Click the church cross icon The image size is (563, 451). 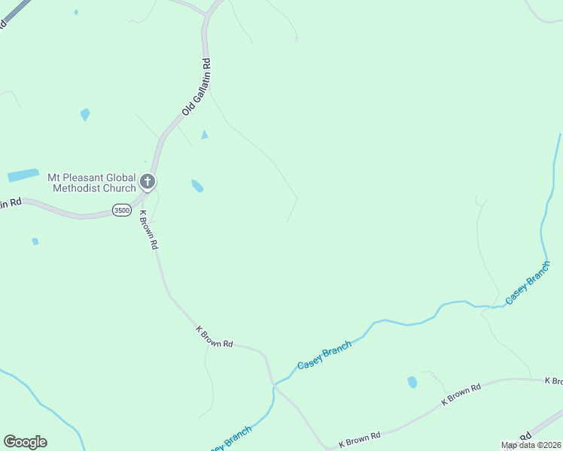coord(148,181)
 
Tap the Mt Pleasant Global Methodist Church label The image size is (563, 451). coord(92,183)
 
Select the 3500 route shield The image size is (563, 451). coord(121,210)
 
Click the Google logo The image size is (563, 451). coord(25,442)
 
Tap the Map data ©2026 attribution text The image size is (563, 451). coord(530,445)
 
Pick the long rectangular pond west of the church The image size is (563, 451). coord(23,175)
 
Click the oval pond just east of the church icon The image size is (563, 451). coord(197,186)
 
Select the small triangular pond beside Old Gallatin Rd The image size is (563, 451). coord(204,135)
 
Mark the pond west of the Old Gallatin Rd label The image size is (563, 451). coord(85,114)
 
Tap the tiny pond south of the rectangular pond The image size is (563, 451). coord(35,241)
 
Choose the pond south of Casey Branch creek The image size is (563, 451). coord(412,382)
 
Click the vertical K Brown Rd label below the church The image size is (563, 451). coord(149,229)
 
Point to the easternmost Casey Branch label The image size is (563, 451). coord(528,283)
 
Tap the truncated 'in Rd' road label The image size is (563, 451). coord(10,203)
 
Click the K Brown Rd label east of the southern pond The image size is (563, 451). coord(461,395)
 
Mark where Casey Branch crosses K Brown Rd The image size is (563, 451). coord(274,385)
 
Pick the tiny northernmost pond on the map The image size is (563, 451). coord(76,12)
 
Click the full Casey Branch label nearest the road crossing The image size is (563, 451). coord(324,355)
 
